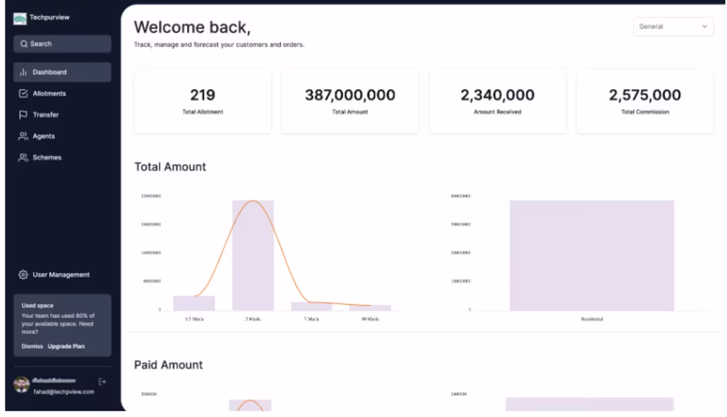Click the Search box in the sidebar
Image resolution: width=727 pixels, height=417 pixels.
[61, 44]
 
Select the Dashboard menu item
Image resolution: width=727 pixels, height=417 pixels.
[50, 72]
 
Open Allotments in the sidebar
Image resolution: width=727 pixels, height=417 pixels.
[49, 94]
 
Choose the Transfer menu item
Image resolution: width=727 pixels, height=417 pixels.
[46, 115]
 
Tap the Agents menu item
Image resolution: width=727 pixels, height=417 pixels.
[44, 136]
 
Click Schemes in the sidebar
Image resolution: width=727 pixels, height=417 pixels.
[46, 158]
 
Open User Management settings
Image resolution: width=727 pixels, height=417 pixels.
[61, 274]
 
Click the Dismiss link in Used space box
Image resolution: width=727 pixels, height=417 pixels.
[32, 346]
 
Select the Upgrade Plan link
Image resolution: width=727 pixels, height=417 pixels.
[66, 346]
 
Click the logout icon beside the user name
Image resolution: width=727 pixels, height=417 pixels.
[102, 381]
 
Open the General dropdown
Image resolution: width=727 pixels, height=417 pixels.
[673, 27]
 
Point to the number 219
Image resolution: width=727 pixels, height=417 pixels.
[202, 95]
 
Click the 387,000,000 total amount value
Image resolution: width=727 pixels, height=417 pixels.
[350, 95]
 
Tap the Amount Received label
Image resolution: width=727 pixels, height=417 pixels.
[497, 112]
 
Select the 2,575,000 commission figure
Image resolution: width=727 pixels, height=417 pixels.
[644, 95]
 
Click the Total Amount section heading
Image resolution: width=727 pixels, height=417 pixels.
[171, 167]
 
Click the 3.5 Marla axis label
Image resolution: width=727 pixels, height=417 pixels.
[194, 319]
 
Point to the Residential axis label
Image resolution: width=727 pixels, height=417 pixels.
[592, 319]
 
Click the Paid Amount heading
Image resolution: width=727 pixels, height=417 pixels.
[169, 365]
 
